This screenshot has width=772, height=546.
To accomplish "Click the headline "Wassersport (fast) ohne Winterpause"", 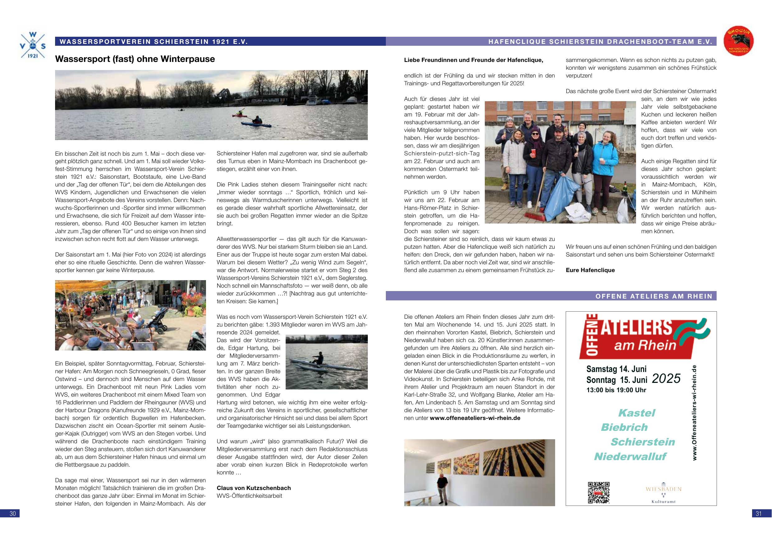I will pos(135,59).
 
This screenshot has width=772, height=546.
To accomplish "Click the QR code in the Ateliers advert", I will pos(598,492).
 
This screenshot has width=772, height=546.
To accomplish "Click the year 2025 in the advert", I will pos(666,379).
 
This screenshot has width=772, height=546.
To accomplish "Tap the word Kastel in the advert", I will pos(637,413).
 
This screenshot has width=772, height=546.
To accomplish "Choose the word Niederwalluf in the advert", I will pos(630,457).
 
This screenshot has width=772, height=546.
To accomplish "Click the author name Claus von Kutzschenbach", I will pos(254,488).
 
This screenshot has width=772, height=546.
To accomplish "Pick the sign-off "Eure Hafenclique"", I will pos(590,270).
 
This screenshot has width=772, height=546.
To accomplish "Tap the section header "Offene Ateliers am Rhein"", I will pos(654,296).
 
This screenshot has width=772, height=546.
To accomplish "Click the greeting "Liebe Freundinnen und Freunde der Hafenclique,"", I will pos(473,60).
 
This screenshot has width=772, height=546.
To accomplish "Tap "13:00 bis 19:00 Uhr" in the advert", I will pos(616,390).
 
